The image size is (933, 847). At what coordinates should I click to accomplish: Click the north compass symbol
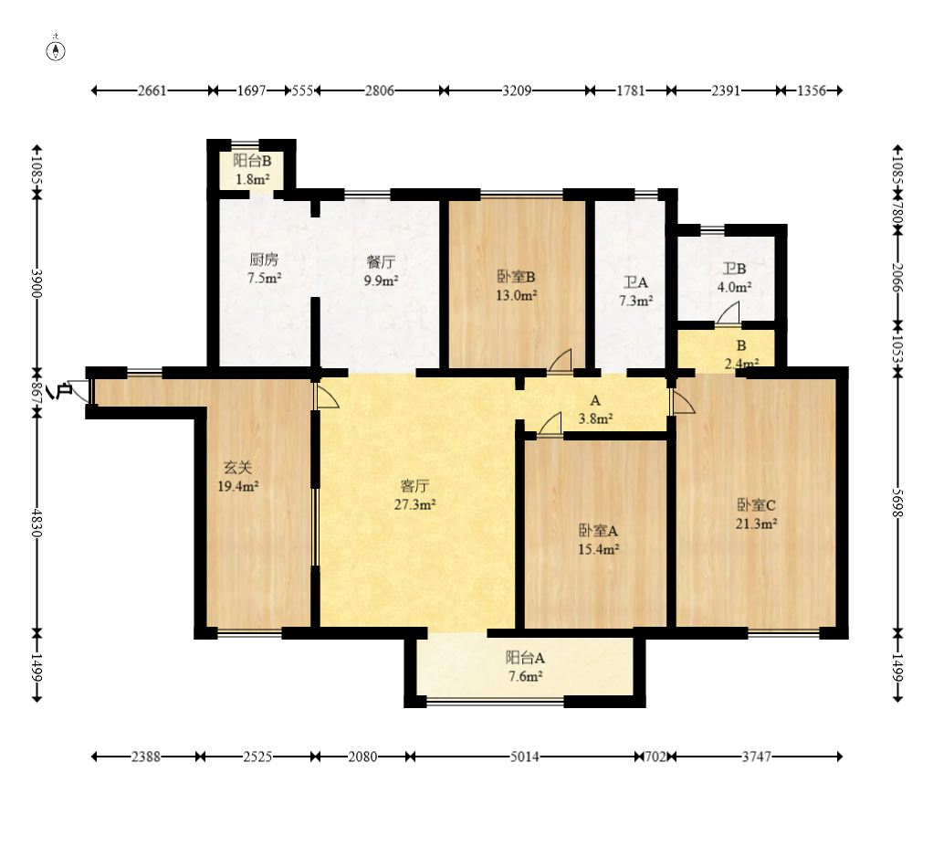coord(56,51)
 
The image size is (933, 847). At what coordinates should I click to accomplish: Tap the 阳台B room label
coord(252,160)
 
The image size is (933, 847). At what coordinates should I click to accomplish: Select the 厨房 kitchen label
coord(264,259)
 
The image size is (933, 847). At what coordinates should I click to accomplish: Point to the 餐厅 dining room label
coord(381,261)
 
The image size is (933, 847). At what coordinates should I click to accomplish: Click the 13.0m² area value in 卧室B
coord(517,295)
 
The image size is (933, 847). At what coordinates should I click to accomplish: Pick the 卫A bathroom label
coord(635,282)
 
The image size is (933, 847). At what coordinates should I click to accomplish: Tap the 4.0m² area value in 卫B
coord(734,287)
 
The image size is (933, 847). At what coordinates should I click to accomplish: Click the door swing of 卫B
coord(728,313)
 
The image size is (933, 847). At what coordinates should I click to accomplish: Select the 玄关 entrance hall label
coord(237,468)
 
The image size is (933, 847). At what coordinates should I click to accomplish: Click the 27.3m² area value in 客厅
coord(414,505)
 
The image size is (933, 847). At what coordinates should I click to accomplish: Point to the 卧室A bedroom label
coord(598,531)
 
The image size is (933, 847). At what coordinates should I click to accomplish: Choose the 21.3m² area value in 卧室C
coord(756,524)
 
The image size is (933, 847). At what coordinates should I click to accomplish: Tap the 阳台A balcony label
coord(526,658)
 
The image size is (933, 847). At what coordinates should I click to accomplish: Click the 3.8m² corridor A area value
coord(595,418)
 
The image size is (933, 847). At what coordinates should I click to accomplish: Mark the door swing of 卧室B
coord(560,361)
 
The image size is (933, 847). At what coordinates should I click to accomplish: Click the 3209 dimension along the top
coord(517,90)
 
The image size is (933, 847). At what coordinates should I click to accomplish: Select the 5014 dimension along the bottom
coord(524,757)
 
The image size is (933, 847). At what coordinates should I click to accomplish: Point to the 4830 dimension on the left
coord(37,523)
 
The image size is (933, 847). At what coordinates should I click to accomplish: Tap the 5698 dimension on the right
coord(898,503)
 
